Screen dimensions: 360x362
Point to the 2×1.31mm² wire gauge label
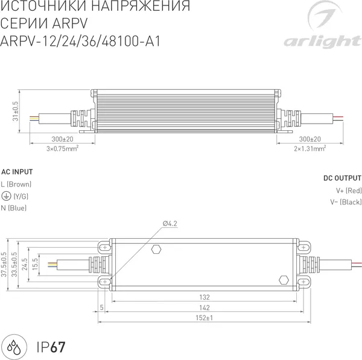(x=310, y=148)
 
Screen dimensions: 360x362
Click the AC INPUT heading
(x=17, y=171)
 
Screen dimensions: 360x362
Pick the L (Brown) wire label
(x=16, y=184)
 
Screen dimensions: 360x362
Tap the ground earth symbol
(x=5, y=196)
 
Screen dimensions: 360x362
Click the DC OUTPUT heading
(x=342, y=178)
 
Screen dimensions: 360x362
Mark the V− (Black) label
(x=346, y=203)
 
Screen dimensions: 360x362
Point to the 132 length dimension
(x=205, y=297)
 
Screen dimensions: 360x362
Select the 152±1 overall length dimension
(x=205, y=317)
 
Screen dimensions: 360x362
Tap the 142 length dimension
(x=205, y=308)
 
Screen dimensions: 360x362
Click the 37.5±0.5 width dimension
(x=4, y=264)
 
